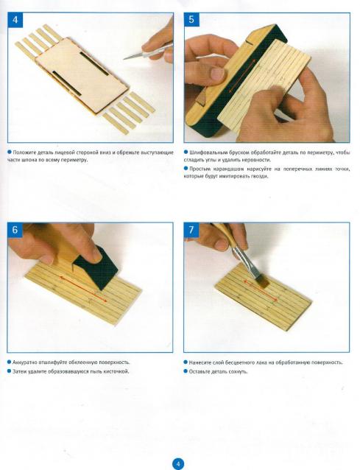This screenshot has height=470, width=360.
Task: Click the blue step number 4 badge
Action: click(15, 20)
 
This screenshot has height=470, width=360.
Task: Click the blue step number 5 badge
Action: click(191, 20)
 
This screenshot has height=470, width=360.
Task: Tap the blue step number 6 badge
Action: click(15, 230)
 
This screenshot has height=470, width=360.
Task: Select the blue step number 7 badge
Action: click(191, 230)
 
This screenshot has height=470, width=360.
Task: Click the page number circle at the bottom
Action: click(178, 463)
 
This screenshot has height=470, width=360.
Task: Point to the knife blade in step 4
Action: click(133, 56)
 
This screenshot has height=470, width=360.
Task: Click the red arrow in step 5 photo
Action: click(242, 76)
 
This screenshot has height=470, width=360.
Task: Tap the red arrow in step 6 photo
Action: click(83, 290)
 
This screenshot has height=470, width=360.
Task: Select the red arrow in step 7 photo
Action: click(261, 290)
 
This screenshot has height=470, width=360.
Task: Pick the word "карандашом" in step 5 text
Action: click(225, 169)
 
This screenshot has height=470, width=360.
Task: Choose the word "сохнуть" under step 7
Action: click(239, 372)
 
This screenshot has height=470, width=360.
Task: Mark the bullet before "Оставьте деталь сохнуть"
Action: click(186, 371)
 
